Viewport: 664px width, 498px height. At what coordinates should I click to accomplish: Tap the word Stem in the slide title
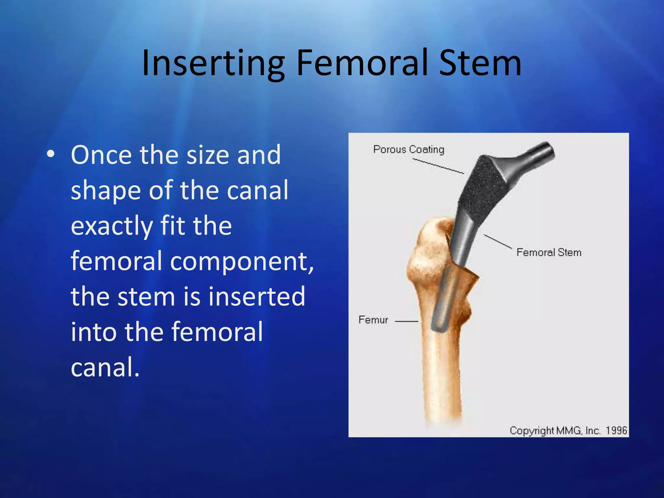[480, 63]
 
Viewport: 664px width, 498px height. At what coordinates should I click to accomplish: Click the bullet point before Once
[51, 155]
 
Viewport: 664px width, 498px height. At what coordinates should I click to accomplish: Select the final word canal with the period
[105, 367]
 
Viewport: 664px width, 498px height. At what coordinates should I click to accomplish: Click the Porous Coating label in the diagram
[409, 149]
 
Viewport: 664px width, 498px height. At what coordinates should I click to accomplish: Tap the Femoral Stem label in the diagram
[549, 252]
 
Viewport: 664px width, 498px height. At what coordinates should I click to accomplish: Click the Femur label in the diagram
[373, 320]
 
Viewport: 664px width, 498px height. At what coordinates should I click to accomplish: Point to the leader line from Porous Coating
[438, 166]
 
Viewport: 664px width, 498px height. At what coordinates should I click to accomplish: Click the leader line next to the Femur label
[407, 321]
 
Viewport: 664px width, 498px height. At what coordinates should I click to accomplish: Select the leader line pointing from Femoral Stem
[498, 241]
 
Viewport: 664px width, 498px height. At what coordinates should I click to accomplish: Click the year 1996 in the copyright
[616, 431]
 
